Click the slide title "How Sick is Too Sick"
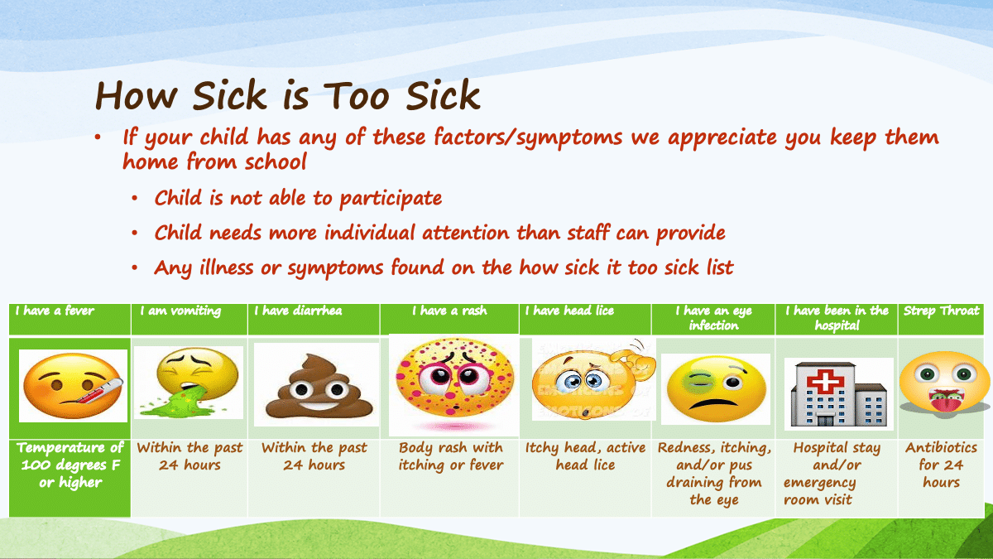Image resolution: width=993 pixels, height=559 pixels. [x=288, y=95]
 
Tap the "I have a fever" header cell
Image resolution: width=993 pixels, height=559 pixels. [x=70, y=319]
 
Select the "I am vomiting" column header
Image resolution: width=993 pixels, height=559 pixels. [x=189, y=319]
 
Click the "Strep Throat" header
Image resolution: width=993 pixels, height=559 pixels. [x=941, y=319]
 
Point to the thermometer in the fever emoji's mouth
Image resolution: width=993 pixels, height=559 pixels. [x=101, y=391]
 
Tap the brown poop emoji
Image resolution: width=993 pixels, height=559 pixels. [x=319, y=387]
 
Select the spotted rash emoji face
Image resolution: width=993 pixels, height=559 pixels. [x=454, y=378]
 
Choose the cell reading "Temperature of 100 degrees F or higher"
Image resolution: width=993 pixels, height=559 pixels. [x=70, y=465]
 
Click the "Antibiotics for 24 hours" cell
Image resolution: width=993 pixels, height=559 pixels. [x=941, y=465]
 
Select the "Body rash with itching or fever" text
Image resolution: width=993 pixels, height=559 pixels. [x=451, y=456]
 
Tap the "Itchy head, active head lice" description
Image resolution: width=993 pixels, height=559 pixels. [x=585, y=456]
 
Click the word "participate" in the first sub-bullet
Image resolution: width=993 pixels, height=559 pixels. [x=391, y=198]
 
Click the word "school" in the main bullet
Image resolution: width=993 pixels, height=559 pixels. [x=276, y=162]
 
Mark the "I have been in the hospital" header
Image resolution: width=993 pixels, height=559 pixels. [x=837, y=319]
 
